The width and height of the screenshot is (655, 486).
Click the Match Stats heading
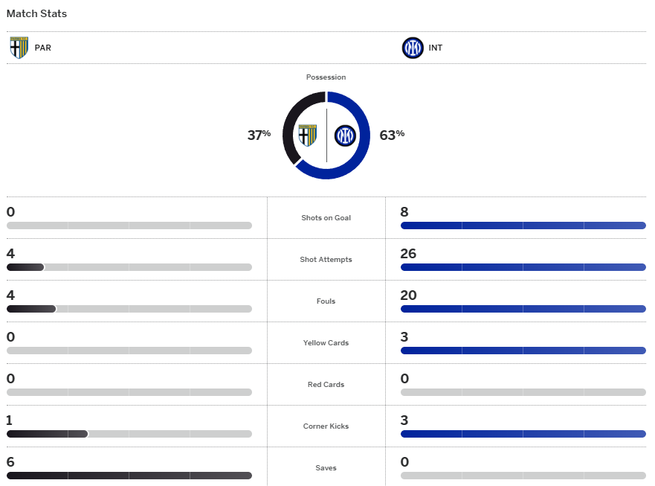click(x=36, y=13)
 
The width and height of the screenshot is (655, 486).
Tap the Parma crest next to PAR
click(x=19, y=48)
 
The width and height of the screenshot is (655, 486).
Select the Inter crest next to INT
click(x=412, y=48)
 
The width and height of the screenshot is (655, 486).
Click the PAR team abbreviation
click(x=43, y=48)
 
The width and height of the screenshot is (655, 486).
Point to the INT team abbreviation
click(x=436, y=48)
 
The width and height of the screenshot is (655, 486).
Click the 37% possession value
click(x=259, y=135)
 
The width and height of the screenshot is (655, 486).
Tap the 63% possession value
click(x=392, y=135)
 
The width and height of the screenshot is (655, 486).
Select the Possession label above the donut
click(x=326, y=77)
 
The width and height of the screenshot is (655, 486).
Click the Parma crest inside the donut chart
click(x=308, y=135)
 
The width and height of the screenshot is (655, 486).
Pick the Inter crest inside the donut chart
click(x=345, y=135)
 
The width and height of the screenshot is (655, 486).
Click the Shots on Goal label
click(x=326, y=218)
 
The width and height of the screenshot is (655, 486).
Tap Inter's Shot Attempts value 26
click(x=408, y=254)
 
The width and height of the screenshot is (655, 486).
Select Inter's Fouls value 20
click(x=408, y=295)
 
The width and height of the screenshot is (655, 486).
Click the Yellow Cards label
click(x=326, y=343)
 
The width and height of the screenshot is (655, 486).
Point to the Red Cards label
click(x=326, y=385)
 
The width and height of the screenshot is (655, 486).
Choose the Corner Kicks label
click(x=326, y=426)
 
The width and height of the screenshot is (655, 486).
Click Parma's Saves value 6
click(x=10, y=462)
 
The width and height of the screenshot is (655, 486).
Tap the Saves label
click(x=326, y=468)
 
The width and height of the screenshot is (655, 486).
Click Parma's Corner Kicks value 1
click(x=10, y=421)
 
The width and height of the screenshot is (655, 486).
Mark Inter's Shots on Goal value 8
click(x=404, y=212)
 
